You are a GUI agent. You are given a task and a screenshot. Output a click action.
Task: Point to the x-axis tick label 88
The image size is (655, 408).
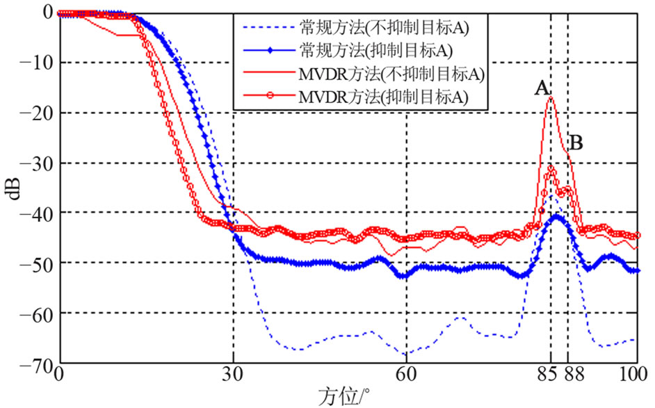click(574, 375)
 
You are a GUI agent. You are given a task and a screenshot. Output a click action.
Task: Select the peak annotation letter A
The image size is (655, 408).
click(542, 88)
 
